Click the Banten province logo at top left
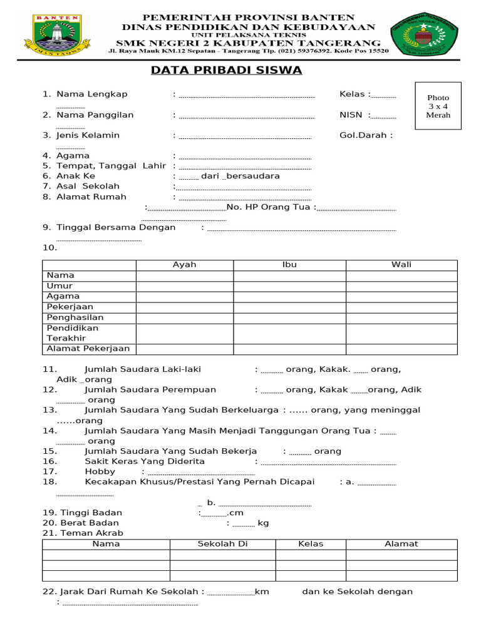coord(56,35)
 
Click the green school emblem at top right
coord(425,35)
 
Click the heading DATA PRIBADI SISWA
coord(226,70)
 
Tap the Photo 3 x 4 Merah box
coord(438,106)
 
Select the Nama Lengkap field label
coord(91,94)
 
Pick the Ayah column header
coord(184,265)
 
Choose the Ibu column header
coord(289,265)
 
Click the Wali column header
coord(401,265)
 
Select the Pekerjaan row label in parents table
coord(70,307)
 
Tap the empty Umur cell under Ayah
coord(184,286)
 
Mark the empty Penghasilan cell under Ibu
coord(289,317)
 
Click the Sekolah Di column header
coord(222,544)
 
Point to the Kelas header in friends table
coord(311,544)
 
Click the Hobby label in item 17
coord(100,471)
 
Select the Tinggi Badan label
coord(91,513)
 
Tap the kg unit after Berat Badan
coord(263,523)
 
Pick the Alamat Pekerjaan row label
coord(88,349)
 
